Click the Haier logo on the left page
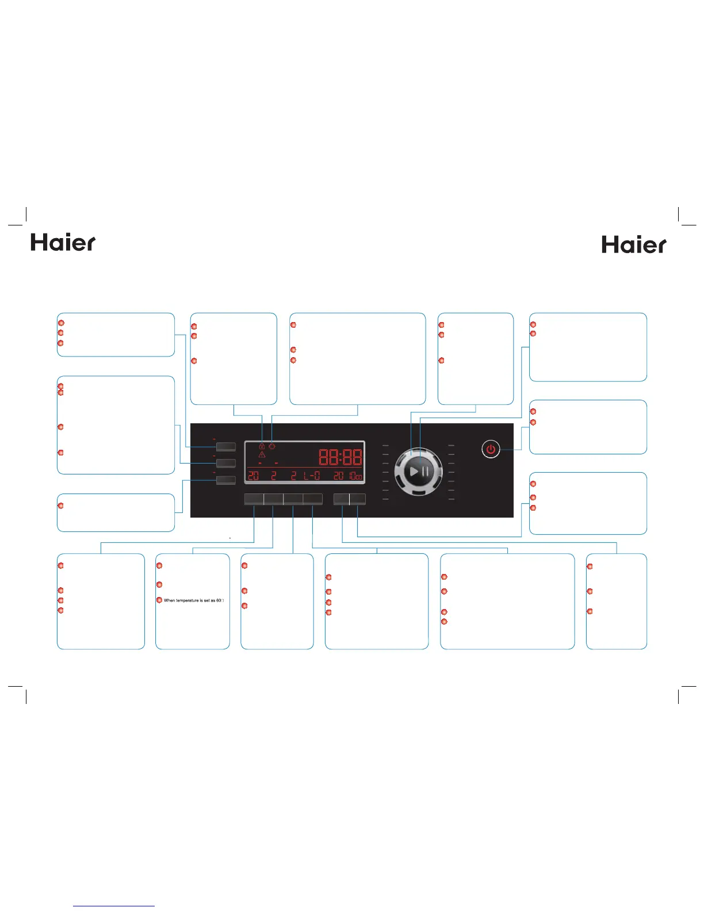63,243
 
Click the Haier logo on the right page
634,245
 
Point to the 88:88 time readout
340,458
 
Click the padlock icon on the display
262,446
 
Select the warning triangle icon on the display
262,455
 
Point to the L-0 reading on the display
312,476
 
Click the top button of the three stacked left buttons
225,446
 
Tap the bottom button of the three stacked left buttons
225,480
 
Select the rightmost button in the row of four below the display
313,499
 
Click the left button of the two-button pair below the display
342,499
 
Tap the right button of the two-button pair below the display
358,499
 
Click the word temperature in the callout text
188,600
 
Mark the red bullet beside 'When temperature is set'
159,600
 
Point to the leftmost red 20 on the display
253,476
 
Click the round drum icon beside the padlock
272,446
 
